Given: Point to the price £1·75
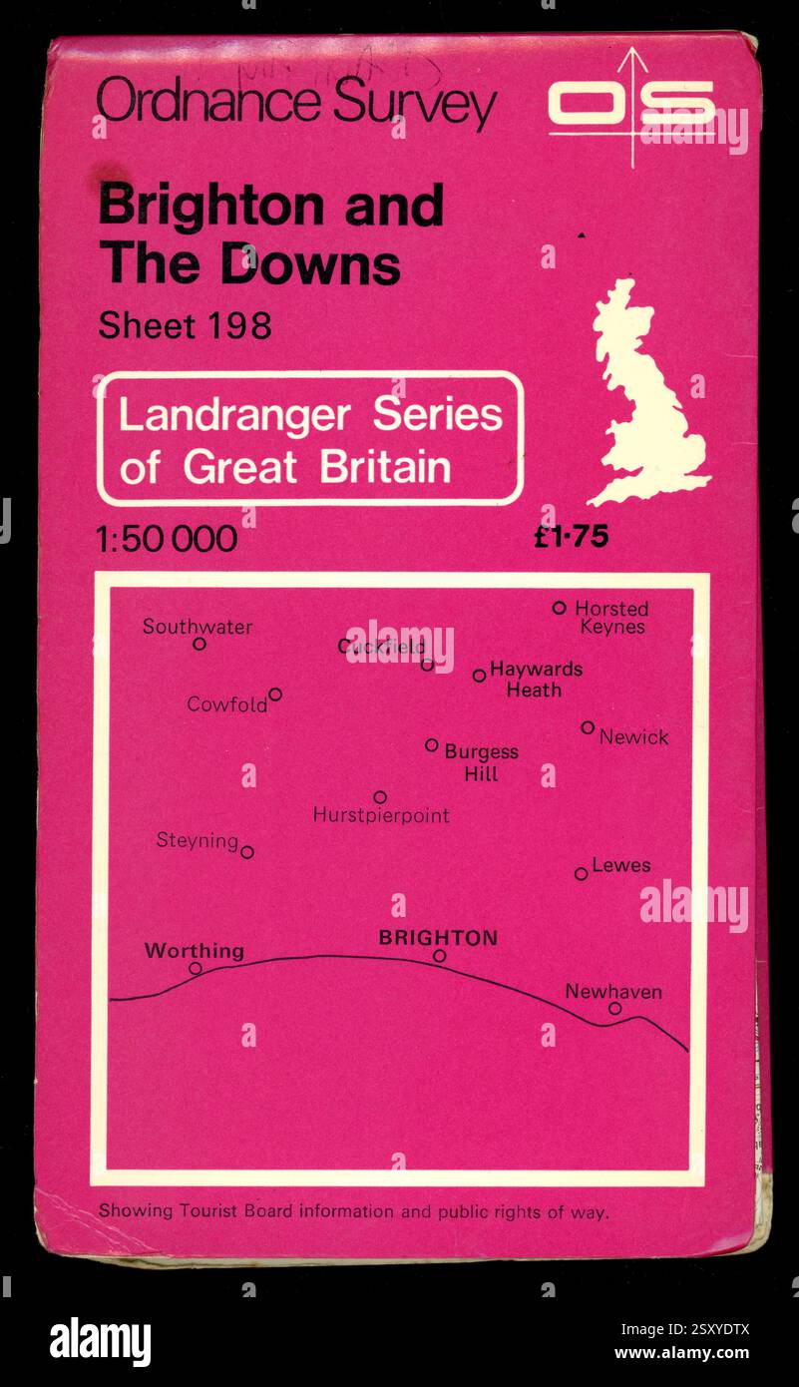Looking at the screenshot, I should click(571, 538).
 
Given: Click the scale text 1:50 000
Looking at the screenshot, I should click(167, 540).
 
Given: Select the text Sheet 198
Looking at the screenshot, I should click(185, 326).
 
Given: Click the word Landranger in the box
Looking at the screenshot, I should click(234, 414).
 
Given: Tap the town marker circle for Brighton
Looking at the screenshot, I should click(439, 956).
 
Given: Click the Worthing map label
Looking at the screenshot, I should click(194, 950).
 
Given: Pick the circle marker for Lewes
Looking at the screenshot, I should click(581, 874).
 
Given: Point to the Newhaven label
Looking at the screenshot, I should click(612, 992).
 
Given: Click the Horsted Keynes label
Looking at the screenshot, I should click(611, 617).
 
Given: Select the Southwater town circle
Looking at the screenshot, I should click(200, 644).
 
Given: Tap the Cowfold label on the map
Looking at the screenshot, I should click(226, 704).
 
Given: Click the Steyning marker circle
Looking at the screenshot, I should click(247, 852).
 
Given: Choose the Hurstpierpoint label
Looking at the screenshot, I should click(381, 815).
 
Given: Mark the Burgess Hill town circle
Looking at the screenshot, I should click(431, 744).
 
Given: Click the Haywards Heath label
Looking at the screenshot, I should click(536, 679).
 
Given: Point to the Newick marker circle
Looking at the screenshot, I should click(588, 727).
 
